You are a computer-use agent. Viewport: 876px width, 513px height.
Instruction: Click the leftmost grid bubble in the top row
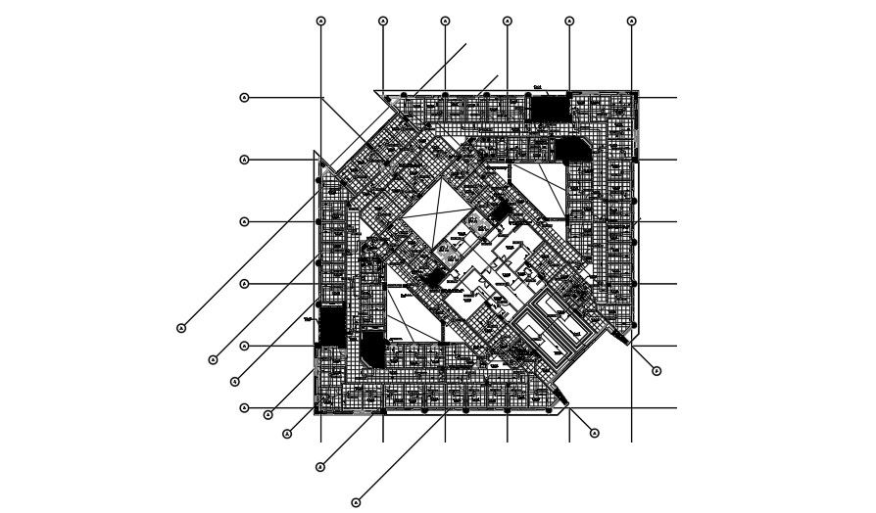(320, 21)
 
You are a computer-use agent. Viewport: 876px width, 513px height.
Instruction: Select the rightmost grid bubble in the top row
(631, 21)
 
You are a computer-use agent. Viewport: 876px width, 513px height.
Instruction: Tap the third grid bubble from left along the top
(445, 21)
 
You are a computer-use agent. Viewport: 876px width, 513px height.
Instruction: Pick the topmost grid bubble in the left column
(244, 97)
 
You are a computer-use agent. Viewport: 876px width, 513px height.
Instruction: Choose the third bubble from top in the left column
(244, 221)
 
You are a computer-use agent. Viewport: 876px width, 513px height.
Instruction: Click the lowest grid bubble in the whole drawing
(356, 503)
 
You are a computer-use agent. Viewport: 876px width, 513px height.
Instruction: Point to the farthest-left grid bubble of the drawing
(181, 328)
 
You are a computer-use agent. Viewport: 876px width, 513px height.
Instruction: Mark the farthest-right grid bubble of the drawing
(657, 371)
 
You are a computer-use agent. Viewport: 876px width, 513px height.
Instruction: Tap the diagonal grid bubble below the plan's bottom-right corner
(594, 433)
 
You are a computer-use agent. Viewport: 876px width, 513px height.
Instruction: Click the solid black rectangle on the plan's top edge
(550, 108)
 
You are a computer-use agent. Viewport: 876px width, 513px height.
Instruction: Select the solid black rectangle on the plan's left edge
(333, 326)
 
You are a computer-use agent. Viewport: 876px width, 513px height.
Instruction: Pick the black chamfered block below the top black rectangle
(570, 150)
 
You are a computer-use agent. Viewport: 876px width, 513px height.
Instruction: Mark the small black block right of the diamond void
(499, 209)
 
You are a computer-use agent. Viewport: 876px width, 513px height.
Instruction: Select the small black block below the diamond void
(432, 277)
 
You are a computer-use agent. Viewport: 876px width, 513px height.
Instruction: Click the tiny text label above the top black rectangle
(538, 88)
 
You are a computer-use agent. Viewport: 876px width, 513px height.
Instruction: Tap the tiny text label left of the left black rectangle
(309, 319)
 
